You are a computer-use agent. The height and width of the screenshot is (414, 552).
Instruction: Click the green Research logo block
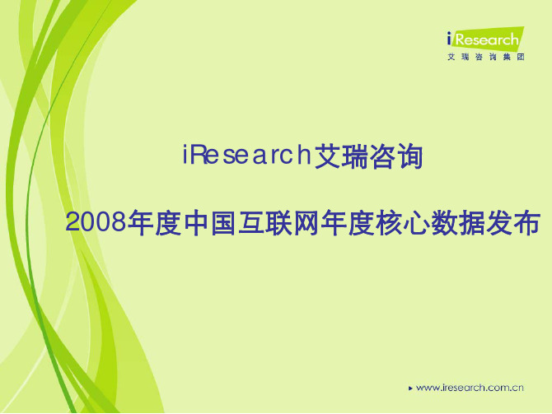pyautogui.click(x=488, y=39)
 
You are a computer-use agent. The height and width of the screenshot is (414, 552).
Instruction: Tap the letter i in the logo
pyautogui.click(x=449, y=39)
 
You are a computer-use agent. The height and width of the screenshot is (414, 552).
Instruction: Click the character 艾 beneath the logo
pyautogui.click(x=451, y=57)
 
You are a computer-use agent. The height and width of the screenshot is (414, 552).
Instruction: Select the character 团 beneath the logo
pyautogui.click(x=521, y=57)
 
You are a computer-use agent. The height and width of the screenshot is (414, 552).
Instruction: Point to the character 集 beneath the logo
pyautogui.click(x=507, y=57)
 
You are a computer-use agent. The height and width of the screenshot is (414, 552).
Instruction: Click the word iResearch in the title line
pyautogui.click(x=246, y=155)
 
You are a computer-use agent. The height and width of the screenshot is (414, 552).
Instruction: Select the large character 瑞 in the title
pyautogui.click(x=355, y=156)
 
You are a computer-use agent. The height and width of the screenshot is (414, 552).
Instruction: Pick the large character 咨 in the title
pyautogui.click(x=382, y=156)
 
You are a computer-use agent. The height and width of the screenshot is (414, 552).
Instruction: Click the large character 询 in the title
pyautogui.click(x=409, y=156)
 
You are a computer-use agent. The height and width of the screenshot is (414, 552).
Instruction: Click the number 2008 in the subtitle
pyautogui.click(x=96, y=222)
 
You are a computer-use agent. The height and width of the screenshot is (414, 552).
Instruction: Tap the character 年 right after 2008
pyautogui.click(x=141, y=223)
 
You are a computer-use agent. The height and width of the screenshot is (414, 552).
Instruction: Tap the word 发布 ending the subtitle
pyautogui.click(x=513, y=223)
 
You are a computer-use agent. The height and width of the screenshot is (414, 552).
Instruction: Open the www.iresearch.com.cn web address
pyautogui.click(x=470, y=388)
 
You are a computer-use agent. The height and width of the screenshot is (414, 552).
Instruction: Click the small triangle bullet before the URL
pyautogui.click(x=410, y=388)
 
